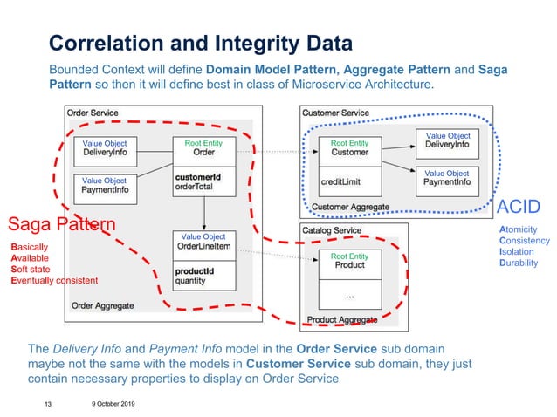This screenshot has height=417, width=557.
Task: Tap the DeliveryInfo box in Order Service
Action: (105, 148)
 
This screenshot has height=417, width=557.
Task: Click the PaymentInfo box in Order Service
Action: (105, 185)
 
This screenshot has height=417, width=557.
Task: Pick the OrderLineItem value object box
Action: (203, 243)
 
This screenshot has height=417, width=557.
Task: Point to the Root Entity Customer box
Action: (349, 148)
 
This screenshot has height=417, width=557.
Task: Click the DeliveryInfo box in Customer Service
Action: (446, 140)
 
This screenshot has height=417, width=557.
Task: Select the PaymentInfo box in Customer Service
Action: (446, 178)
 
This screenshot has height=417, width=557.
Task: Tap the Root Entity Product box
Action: (349, 261)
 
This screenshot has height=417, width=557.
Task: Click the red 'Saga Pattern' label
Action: (61, 224)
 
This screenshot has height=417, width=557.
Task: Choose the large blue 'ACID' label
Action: (521, 208)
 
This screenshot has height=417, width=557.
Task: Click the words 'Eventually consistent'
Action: (54, 280)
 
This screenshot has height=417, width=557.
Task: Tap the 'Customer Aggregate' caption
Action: (350, 207)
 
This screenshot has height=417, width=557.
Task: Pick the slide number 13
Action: (49, 404)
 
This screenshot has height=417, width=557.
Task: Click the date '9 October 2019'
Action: (111, 404)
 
